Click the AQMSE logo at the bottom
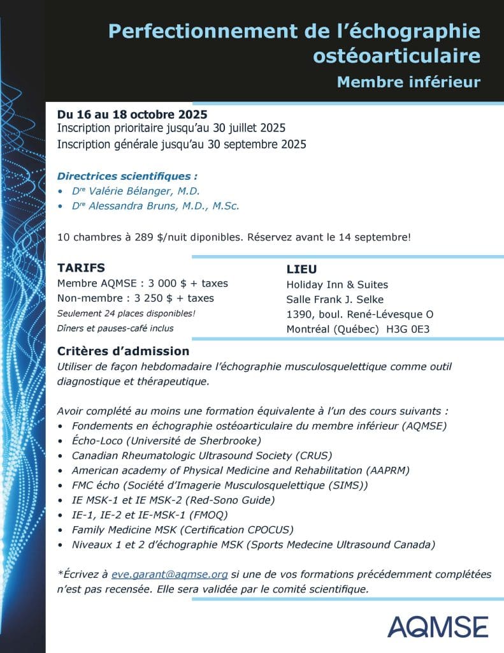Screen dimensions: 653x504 438,626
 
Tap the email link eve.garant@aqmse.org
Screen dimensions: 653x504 169,575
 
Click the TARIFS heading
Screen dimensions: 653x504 81,267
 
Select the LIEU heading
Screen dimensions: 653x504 302,269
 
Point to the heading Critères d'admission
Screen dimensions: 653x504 123,351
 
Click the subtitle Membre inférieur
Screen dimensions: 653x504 408,82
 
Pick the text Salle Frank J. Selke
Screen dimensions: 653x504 335,299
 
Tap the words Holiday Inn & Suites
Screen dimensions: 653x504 337,284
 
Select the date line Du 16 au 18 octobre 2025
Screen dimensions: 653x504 132,115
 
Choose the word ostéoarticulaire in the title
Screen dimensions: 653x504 396,56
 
